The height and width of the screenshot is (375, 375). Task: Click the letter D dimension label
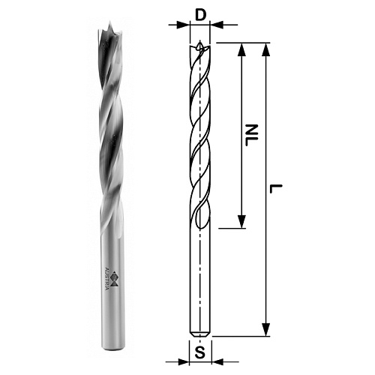click(x=200, y=15)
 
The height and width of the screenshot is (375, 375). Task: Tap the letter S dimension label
click(x=199, y=352)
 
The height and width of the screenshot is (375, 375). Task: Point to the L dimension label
click(x=276, y=189)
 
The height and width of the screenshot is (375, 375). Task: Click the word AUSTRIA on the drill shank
click(x=106, y=279)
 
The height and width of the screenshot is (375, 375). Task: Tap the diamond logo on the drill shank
click(x=114, y=280)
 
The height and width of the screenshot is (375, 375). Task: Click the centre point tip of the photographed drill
click(x=109, y=23)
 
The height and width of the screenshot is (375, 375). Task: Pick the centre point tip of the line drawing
click(x=199, y=41)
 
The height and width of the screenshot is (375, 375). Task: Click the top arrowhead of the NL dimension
click(x=241, y=49)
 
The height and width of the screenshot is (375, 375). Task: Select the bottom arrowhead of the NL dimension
click(x=241, y=222)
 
